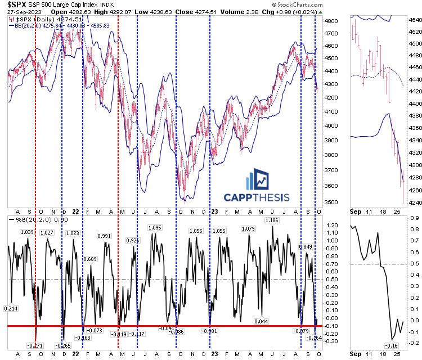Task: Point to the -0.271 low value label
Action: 36,345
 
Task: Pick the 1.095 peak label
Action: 155,227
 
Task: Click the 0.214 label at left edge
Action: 12,308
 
